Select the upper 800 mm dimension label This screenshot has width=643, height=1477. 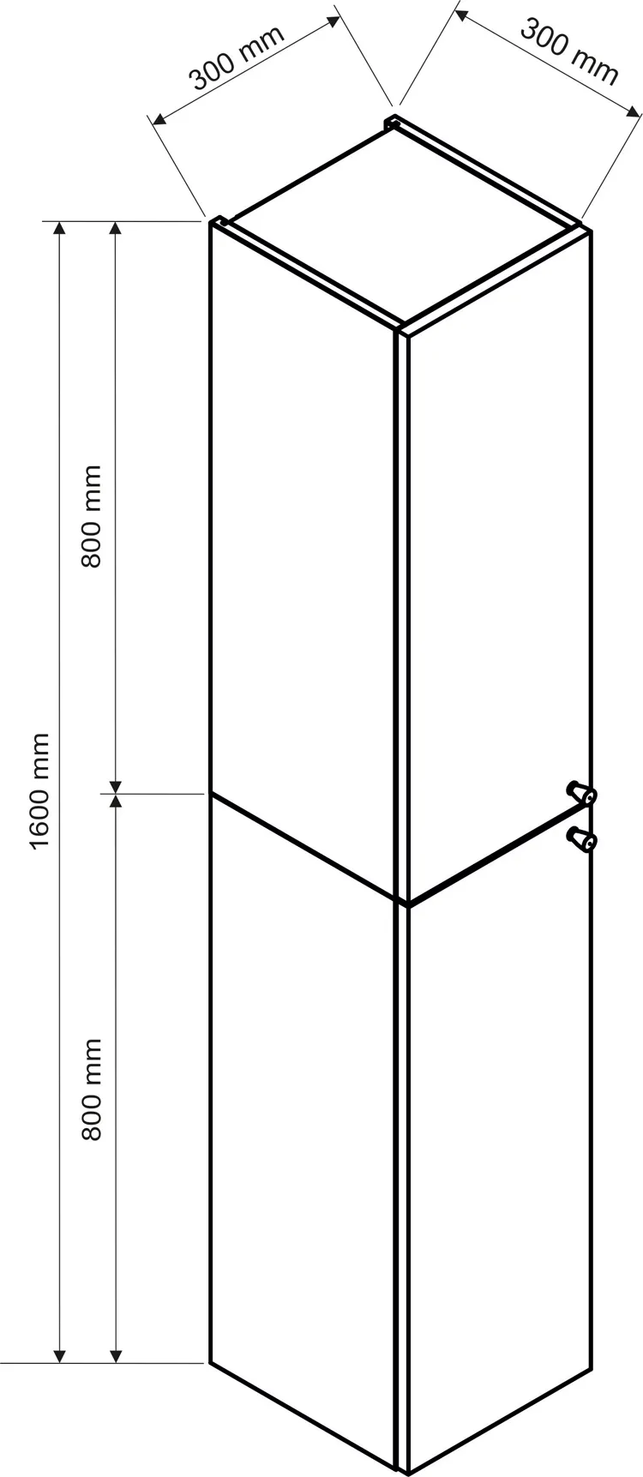[x=92, y=516]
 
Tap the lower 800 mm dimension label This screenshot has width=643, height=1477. [x=92, y=1089]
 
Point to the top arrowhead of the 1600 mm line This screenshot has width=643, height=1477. [x=59, y=227]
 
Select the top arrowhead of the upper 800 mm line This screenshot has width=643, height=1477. [x=116, y=227]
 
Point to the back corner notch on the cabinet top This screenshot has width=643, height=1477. [x=394, y=122]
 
